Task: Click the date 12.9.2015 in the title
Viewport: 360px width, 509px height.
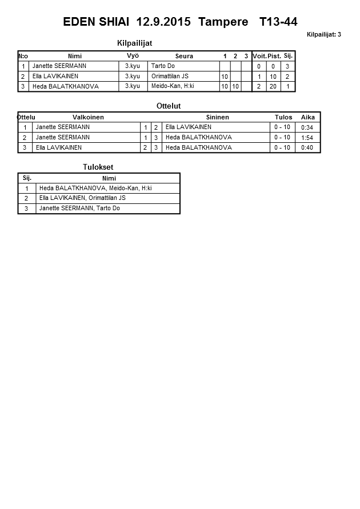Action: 165,22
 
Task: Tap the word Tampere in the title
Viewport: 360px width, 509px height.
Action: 223,22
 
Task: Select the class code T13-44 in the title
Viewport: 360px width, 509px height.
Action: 278,22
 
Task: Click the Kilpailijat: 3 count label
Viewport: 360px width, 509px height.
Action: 323,35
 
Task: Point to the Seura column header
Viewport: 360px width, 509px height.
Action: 184,56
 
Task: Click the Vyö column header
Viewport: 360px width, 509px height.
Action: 133,55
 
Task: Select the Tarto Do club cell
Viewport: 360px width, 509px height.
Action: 163,66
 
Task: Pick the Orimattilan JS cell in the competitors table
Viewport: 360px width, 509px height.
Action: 170,77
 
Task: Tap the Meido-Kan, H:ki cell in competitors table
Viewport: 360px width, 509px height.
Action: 173,86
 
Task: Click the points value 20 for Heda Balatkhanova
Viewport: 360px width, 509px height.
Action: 274,87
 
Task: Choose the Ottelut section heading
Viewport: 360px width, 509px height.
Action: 169,106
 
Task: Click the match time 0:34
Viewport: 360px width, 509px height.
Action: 307,127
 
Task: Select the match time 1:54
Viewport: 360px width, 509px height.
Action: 307,138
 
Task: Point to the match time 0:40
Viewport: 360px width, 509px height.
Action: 307,148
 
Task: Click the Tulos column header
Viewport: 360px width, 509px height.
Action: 283,117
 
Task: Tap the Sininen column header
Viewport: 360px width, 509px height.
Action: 217,117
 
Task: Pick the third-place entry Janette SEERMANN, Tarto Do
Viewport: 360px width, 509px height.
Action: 79,209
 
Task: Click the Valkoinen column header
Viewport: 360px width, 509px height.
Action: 88,117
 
